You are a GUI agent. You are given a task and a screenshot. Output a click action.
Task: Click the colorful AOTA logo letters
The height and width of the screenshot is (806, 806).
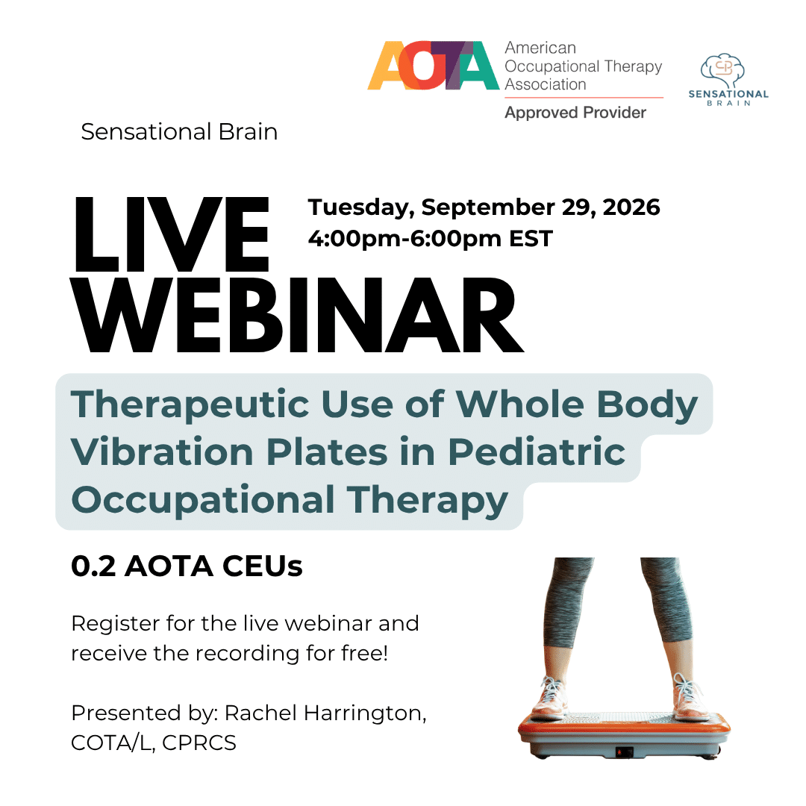click(433, 65)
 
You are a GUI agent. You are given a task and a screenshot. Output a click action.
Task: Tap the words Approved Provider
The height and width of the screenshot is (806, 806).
click(575, 113)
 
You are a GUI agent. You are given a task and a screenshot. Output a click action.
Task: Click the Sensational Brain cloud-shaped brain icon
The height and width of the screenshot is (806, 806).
click(723, 70)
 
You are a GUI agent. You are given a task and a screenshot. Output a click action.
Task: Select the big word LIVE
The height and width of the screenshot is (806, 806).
click(172, 235)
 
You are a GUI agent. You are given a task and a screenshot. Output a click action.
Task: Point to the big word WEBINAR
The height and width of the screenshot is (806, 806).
click(297, 315)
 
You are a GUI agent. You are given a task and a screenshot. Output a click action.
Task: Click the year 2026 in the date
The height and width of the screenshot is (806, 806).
click(631, 207)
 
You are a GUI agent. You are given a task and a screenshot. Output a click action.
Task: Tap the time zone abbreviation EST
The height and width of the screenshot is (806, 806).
click(531, 239)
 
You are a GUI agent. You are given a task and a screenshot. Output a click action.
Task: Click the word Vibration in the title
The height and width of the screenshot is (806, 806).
click(163, 452)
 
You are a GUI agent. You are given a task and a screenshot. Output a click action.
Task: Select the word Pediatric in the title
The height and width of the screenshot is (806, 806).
click(537, 452)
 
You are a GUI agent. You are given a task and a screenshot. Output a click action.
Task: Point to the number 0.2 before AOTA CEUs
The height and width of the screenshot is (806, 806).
click(93, 566)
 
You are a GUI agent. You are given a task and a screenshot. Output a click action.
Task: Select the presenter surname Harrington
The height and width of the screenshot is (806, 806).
click(365, 714)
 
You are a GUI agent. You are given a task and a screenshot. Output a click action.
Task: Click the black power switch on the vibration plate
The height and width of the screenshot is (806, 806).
click(624, 752)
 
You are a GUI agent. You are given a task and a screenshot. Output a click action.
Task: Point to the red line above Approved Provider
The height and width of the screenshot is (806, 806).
click(584, 97)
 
